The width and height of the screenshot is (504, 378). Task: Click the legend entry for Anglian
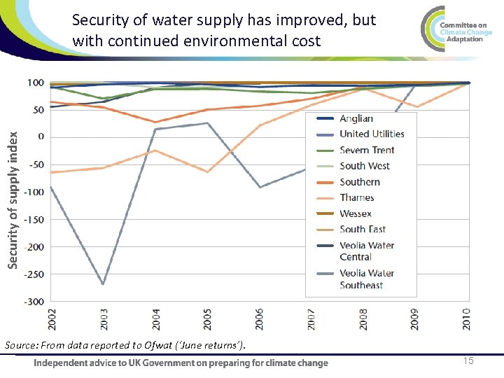pos(356,118)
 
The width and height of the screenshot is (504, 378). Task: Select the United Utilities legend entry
pos(372,134)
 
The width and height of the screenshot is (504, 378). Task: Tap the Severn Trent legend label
pos(367,150)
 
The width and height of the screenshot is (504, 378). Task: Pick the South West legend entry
pos(365,166)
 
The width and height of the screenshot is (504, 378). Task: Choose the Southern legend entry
pos(360,182)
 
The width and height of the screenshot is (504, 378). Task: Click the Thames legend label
pos(357,197)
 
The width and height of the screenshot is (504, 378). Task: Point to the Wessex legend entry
pos(356,213)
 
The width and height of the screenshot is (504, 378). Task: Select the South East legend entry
pos(363,229)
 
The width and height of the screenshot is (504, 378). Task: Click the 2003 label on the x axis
pos(104,318)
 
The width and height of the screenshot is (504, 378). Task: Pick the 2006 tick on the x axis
pos(260,318)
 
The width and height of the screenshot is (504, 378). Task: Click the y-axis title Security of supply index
pos(13,190)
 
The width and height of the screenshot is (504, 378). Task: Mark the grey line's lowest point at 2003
pos(104,283)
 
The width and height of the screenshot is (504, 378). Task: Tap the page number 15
pos(468,360)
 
